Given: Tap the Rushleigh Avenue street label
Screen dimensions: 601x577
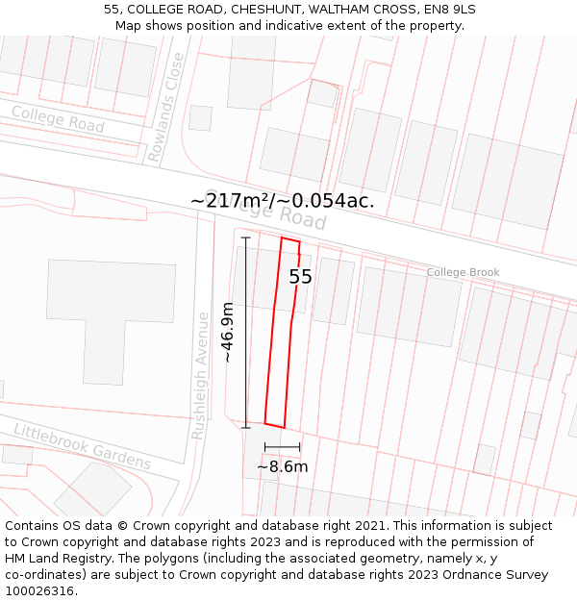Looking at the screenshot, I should [x=200, y=375].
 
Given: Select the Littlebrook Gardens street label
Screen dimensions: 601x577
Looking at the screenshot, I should [x=82, y=446].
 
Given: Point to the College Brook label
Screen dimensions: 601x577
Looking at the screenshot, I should [x=463, y=272].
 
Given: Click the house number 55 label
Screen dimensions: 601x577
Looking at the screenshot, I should [x=300, y=277].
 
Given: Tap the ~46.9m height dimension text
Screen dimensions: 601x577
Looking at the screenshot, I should [x=228, y=332].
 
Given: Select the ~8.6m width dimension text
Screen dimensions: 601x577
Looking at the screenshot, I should [x=282, y=467].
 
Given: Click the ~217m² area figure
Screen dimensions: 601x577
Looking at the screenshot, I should [x=230, y=201].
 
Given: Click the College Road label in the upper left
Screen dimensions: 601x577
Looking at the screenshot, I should [x=58, y=119].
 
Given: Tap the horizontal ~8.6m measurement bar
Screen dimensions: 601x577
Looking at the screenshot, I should [x=282, y=447].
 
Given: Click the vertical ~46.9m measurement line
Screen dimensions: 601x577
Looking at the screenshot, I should [x=246, y=332].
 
